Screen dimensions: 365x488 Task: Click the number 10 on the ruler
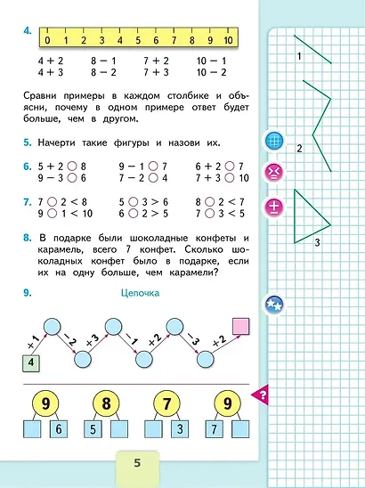pyautogui.click(x=229, y=40)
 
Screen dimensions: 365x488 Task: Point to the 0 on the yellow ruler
pyautogui.click(x=47, y=40)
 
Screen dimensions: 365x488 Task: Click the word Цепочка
pyautogui.click(x=137, y=293)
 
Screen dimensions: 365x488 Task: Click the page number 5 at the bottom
pyautogui.click(x=137, y=463)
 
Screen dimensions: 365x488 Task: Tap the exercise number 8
pyautogui.click(x=28, y=240)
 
